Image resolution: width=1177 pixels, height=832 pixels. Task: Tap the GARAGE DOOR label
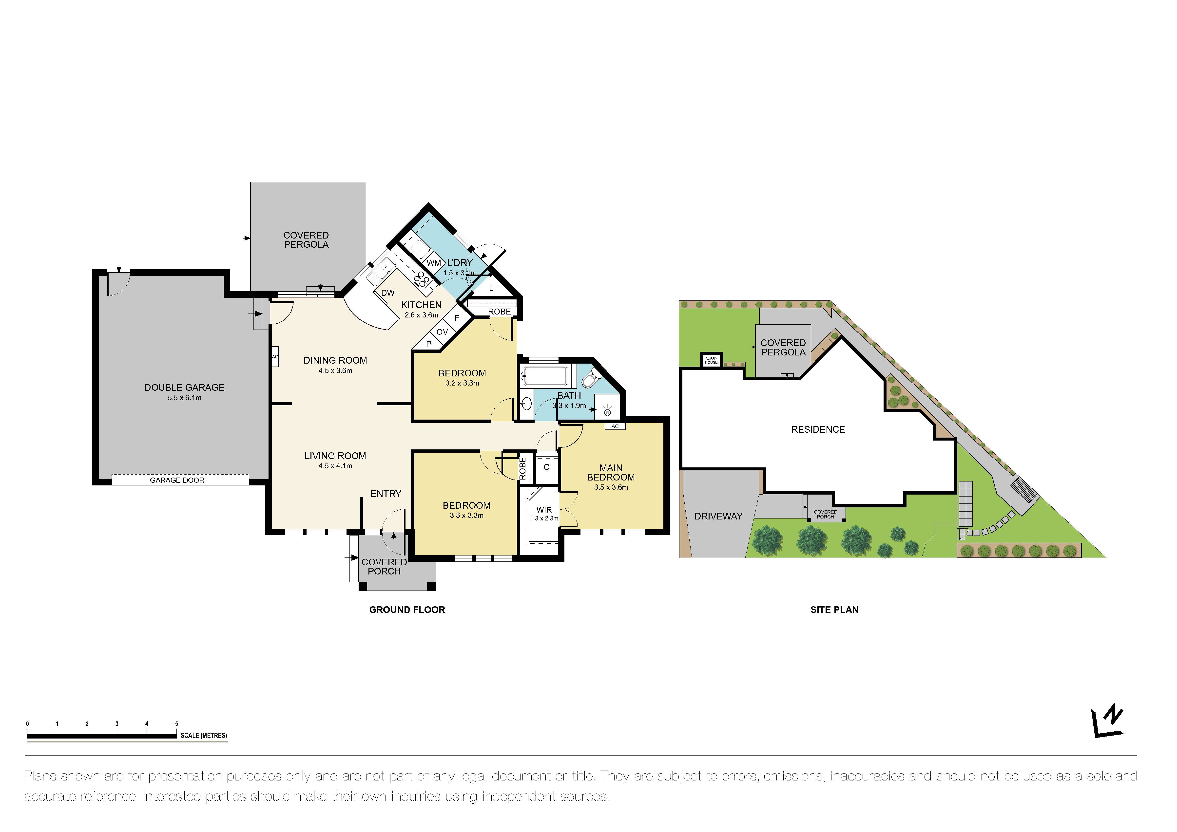click(x=177, y=480)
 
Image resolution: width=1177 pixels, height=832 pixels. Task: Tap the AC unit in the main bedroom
click(x=615, y=426)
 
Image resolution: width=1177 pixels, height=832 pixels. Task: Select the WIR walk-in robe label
click(x=544, y=510)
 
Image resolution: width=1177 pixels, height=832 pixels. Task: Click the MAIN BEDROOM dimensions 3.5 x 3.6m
click(x=611, y=487)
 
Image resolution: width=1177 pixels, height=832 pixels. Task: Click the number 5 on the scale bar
click(x=176, y=724)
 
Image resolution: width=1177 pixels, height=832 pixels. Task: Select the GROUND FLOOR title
click(x=407, y=610)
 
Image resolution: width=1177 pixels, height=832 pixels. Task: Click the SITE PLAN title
click(x=834, y=610)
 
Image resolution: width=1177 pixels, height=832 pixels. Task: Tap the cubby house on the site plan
click(x=711, y=360)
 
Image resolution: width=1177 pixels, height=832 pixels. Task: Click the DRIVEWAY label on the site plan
click(x=718, y=517)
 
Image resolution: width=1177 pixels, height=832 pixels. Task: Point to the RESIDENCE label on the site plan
click(x=818, y=429)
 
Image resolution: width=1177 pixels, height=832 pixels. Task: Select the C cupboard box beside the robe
click(x=546, y=467)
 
